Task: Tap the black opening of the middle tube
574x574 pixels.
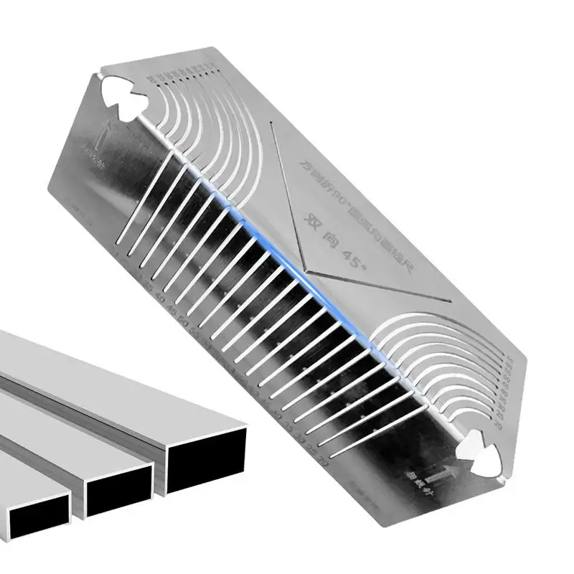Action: click(118, 495)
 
